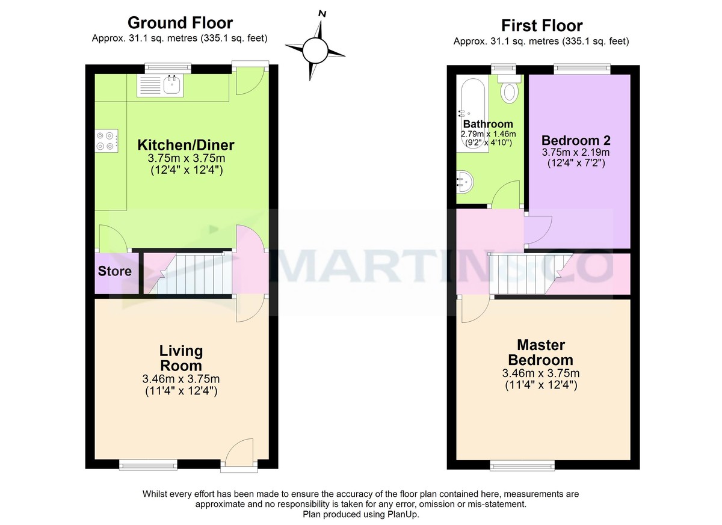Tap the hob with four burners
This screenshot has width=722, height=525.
(x=106, y=141)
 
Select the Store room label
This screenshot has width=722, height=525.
(x=115, y=271)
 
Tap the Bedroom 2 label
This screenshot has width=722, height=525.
(x=576, y=140)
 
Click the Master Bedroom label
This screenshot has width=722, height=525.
(x=540, y=352)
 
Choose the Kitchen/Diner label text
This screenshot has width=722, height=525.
(x=186, y=145)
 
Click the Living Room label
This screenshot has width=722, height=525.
(x=180, y=358)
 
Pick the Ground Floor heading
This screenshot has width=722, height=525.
(x=180, y=23)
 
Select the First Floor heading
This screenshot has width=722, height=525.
(x=541, y=26)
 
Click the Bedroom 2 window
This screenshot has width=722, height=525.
(x=581, y=69)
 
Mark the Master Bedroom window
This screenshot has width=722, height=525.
(x=522, y=465)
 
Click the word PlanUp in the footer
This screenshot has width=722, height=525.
(x=402, y=515)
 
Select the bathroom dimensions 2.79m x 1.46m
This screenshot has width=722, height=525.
(x=488, y=134)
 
